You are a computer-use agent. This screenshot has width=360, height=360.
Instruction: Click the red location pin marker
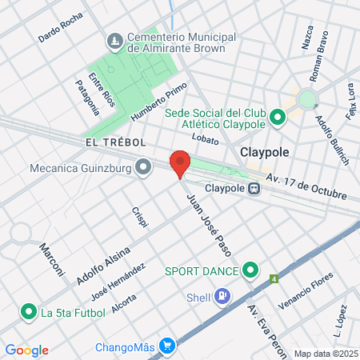click(x=180, y=162)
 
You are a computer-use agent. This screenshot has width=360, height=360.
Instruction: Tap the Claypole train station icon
click(x=254, y=189)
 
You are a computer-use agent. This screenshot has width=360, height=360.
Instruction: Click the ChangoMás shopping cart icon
click(x=167, y=346)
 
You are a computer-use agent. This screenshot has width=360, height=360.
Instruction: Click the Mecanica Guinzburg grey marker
click(x=143, y=168)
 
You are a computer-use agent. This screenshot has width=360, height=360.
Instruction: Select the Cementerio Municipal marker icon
click(x=114, y=41)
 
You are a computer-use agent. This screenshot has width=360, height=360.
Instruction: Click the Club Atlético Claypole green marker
click(x=278, y=118)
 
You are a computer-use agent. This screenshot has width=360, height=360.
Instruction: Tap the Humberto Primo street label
click(x=159, y=102)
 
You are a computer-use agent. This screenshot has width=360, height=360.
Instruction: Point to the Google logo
click(x=26, y=350)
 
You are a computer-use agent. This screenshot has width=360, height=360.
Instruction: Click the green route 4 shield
click(x=274, y=279)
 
